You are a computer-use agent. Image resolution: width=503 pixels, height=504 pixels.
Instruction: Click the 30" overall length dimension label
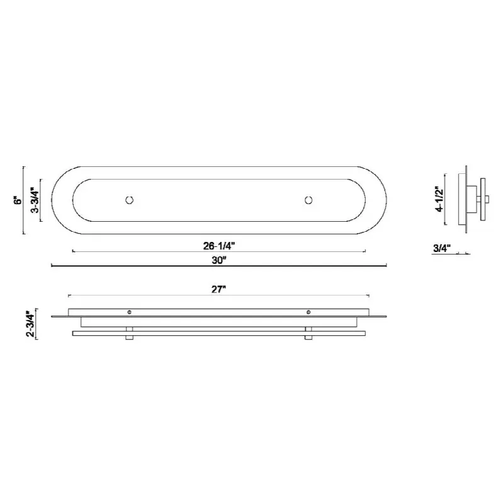pos(218,260)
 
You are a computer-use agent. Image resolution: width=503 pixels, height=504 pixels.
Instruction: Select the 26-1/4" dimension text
pos(219,246)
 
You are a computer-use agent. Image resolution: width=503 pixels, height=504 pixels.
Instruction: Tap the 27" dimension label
pos(218,289)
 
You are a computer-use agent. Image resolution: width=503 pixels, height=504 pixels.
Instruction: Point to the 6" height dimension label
pos(18,200)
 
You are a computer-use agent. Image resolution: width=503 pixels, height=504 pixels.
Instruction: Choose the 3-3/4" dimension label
pos(35,200)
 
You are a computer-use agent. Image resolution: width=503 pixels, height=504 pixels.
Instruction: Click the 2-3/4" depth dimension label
pos(30,323)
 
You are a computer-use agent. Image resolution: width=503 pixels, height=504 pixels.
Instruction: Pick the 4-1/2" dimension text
pos(439,199)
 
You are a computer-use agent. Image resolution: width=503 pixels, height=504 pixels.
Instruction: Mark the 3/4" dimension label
pos(442,248)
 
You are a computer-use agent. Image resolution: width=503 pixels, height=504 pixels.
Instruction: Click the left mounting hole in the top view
pos(129,200)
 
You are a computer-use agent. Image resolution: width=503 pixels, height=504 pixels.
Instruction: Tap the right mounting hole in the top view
pos(308,200)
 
